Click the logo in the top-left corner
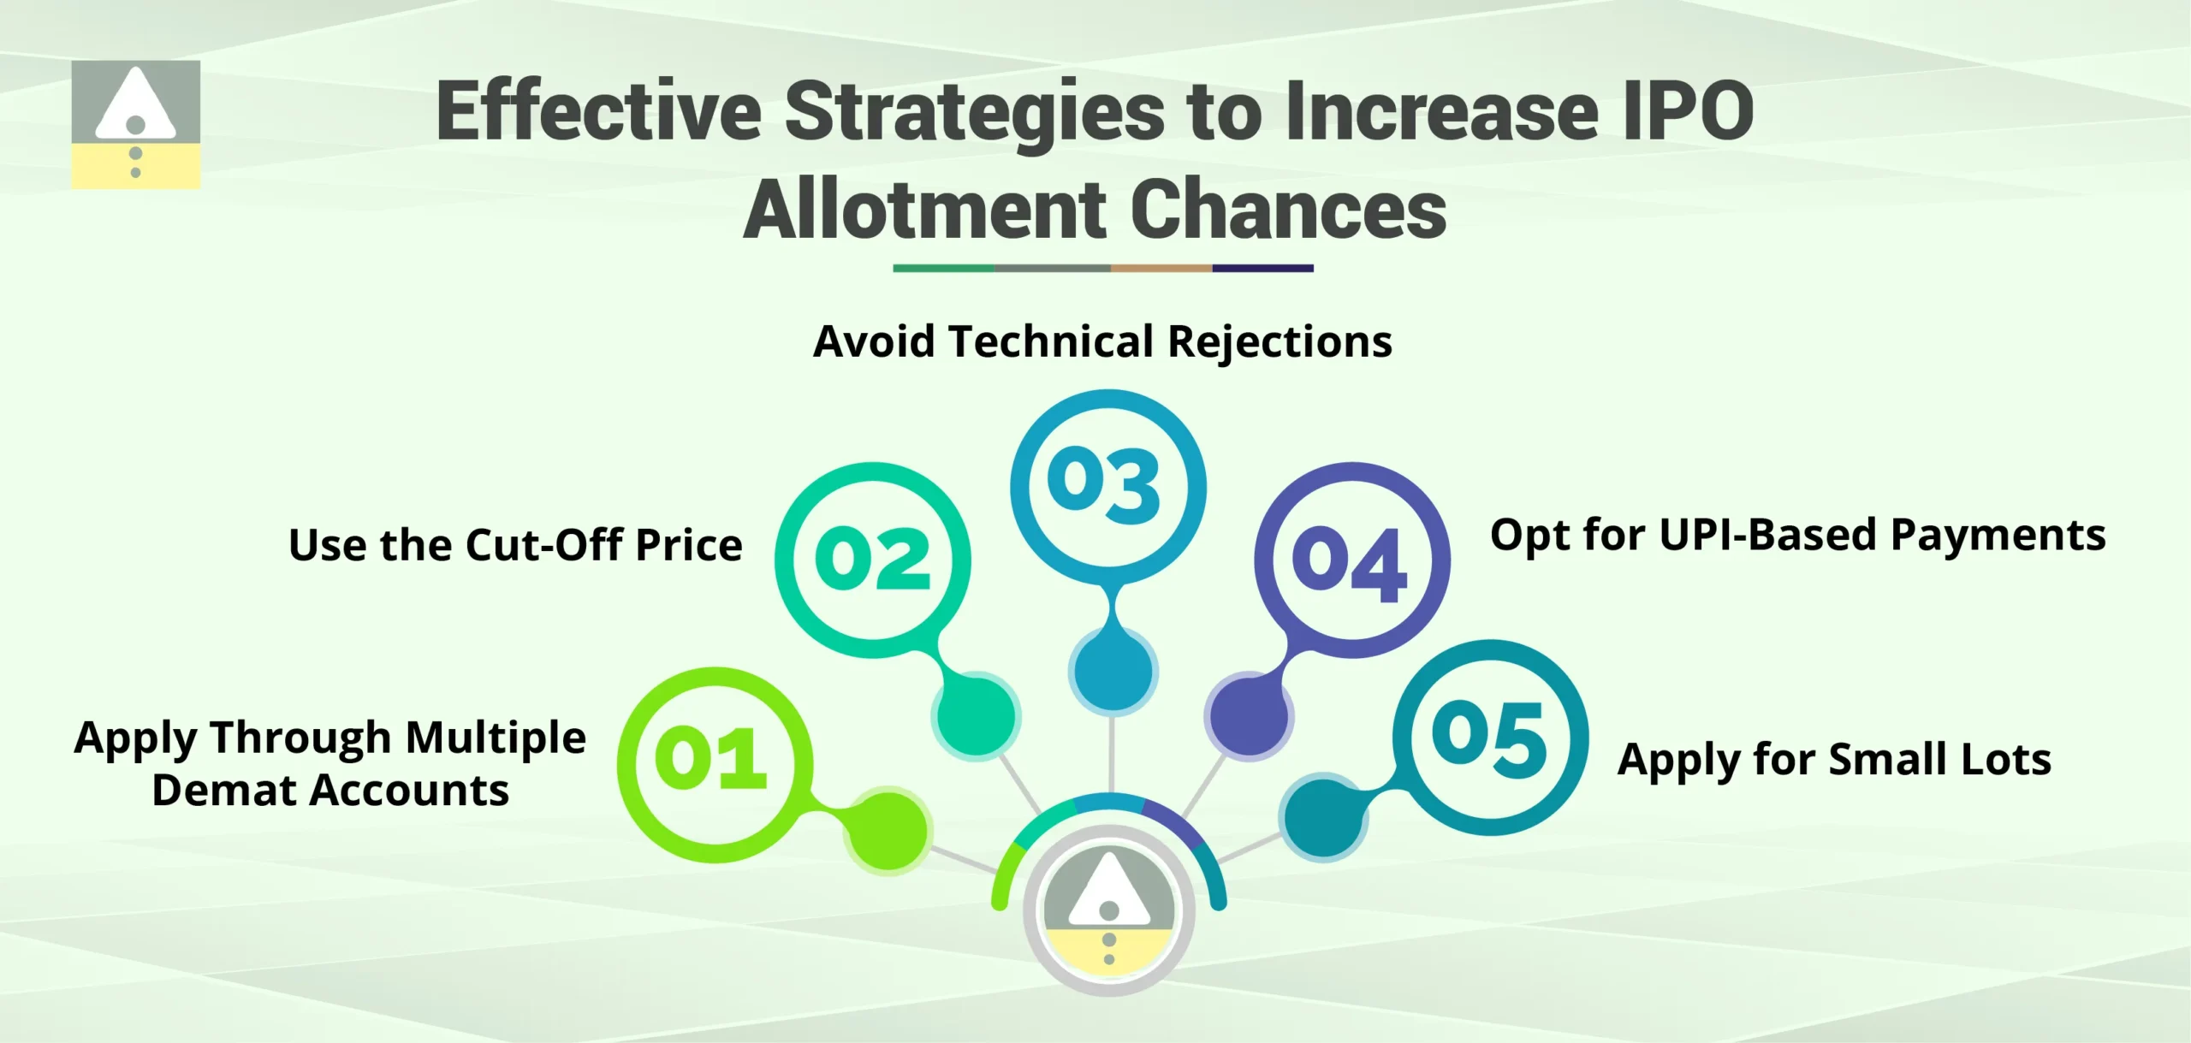tap(135, 124)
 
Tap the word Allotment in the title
tap(926, 210)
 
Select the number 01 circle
tap(714, 764)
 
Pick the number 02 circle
tap(872, 560)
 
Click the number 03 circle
tap(1107, 486)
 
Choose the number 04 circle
tap(1351, 560)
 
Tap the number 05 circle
tap(1490, 737)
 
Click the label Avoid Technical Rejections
tap(1102, 341)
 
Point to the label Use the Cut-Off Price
tap(515, 545)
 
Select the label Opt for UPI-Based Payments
tap(1797, 536)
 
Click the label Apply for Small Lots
tap(1834, 760)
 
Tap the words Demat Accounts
tap(330, 791)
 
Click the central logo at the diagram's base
tap(1109, 910)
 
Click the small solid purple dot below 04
tap(1250, 715)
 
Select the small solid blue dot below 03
tap(1113, 671)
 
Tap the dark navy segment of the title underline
tap(1262, 269)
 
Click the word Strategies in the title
tap(974, 112)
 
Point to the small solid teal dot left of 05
tap(1323, 817)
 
